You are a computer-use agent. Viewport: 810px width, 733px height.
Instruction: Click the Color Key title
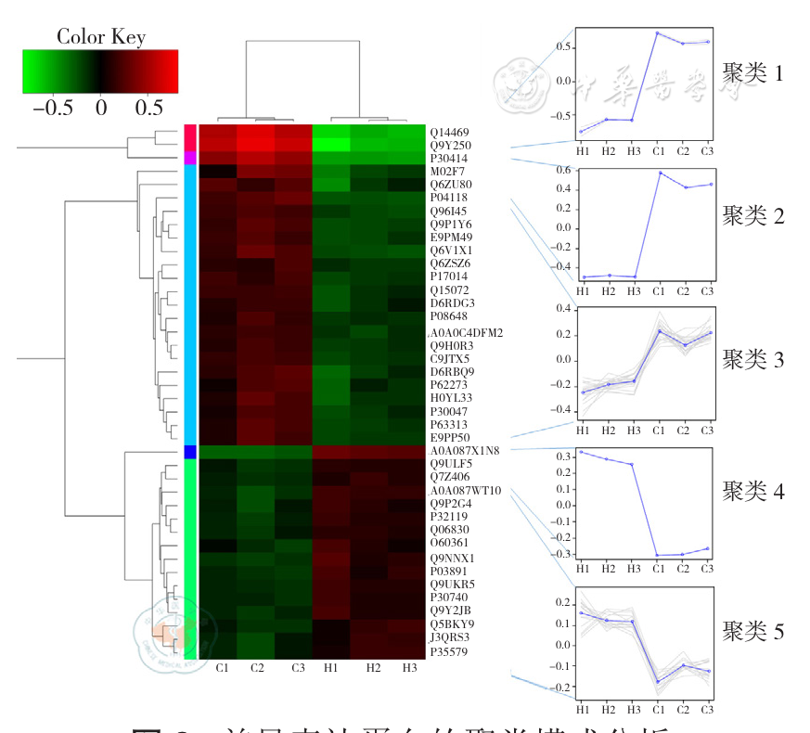100,36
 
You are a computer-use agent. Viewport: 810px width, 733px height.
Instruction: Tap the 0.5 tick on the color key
148,107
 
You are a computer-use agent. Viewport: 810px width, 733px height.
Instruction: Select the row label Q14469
449,133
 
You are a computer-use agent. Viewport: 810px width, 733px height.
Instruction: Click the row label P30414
448,159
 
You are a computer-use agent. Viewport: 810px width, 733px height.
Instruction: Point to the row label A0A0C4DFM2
465,332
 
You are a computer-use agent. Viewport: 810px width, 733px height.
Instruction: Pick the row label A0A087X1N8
465,450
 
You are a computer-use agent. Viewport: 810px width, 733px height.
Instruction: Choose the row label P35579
448,651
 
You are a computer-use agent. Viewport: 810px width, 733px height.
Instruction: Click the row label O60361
449,542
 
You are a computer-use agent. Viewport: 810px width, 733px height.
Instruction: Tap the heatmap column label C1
223,667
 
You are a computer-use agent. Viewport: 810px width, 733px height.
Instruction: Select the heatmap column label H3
408,667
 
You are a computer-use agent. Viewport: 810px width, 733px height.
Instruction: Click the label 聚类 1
752,73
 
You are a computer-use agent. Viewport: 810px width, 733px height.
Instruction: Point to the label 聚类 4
752,492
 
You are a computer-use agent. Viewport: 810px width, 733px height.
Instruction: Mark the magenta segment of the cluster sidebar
189,159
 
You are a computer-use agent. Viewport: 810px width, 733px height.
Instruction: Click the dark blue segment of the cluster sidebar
189,451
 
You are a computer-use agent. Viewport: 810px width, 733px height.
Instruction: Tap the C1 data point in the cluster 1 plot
658,33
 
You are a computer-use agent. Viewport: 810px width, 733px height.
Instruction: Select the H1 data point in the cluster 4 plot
582,452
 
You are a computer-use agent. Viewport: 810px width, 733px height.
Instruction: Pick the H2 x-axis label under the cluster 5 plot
609,710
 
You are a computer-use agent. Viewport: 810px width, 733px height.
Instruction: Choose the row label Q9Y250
449,146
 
